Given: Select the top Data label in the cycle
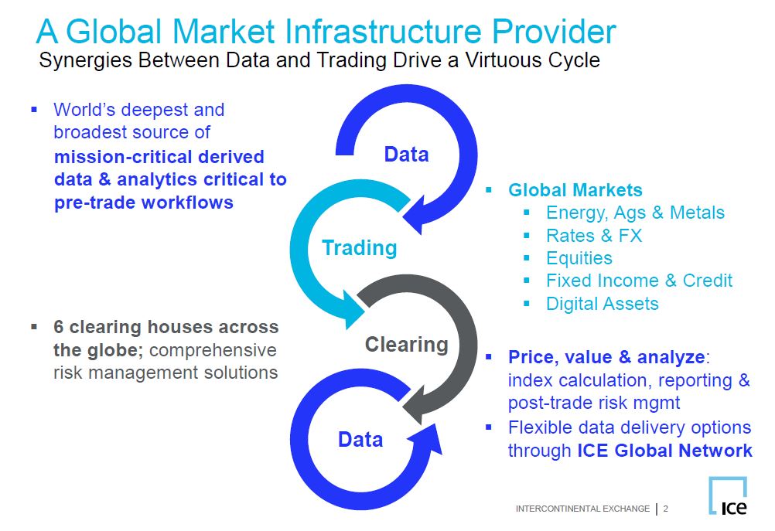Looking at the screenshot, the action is coord(406,155).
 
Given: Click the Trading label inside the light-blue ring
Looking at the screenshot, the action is coord(360,247).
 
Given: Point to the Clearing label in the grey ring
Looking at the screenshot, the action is coord(407,344).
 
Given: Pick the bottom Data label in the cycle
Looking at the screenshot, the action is coord(360,439).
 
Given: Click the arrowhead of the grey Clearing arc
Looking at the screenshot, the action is coord(414,405).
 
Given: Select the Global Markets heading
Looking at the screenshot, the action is coord(575,190).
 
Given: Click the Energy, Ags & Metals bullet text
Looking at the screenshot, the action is coord(635,213).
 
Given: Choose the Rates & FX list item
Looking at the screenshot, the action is coord(594,236).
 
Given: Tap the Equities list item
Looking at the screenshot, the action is coord(579,258).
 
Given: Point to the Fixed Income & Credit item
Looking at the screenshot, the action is coord(639,281).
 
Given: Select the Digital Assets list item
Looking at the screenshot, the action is coord(603,303).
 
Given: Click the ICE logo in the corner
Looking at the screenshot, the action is coord(728,495).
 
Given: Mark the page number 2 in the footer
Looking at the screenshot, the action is coord(666,509).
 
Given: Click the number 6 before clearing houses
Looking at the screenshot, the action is coord(58,327).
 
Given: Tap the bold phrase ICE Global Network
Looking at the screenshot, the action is coord(664,451).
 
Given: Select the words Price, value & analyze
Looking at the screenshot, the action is coord(606,357).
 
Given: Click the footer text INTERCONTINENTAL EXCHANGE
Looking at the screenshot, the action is coord(582,509).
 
